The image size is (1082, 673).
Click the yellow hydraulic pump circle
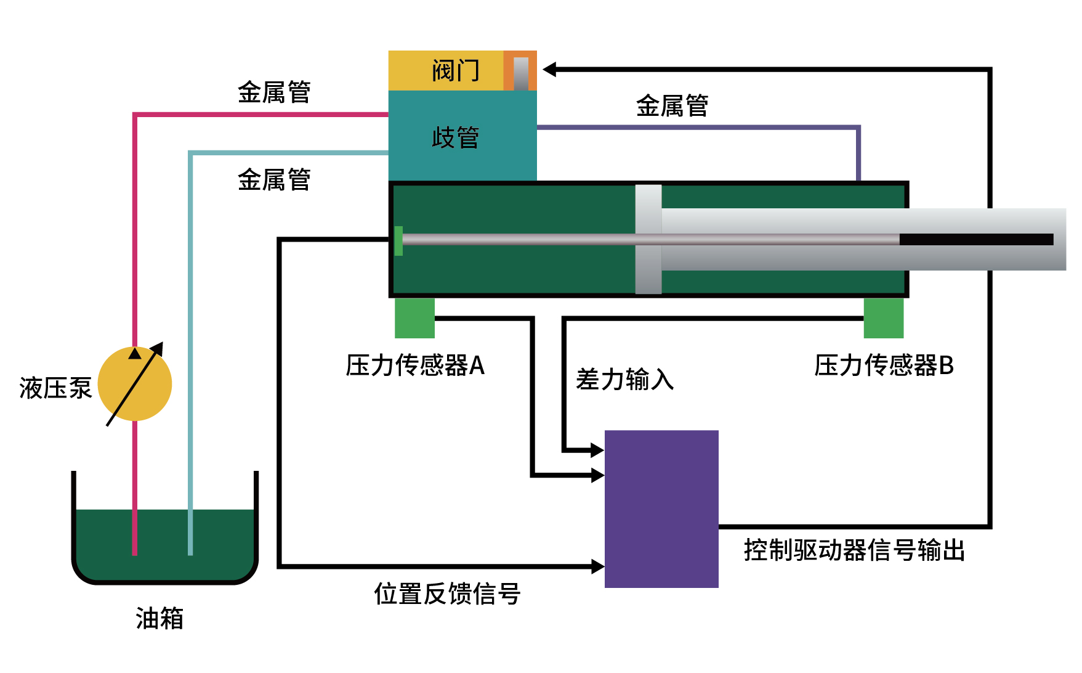[x=135, y=384]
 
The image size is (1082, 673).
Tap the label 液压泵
[x=55, y=388]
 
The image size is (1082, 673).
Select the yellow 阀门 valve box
[x=446, y=70]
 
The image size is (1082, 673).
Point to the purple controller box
[x=661, y=508]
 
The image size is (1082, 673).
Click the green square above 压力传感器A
[x=414, y=318]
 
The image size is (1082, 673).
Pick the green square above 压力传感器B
[x=883, y=318]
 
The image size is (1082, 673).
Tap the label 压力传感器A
[x=415, y=365]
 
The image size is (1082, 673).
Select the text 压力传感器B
[x=884, y=365]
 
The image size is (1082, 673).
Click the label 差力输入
[x=624, y=379]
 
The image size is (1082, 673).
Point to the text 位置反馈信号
[x=447, y=594]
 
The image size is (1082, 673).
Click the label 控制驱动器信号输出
[x=854, y=550]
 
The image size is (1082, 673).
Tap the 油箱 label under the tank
[x=159, y=618]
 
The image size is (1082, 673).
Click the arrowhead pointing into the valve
[x=550, y=69]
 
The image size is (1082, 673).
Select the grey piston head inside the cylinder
[x=648, y=239]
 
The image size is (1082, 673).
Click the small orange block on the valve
[x=520, y=71]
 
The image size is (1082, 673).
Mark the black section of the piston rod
[x=976, y=239]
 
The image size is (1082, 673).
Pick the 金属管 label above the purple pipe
[x=672, y=105]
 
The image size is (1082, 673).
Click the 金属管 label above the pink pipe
[x=274, y=92]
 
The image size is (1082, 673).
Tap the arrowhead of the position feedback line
[x=597, y=566]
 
